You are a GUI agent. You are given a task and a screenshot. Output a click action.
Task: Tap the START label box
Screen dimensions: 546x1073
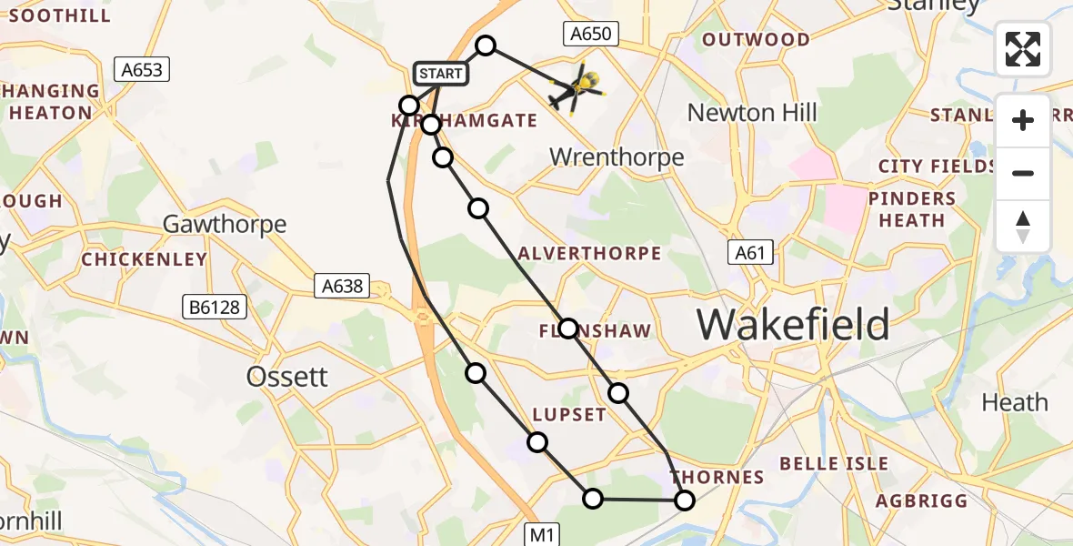(441, 73)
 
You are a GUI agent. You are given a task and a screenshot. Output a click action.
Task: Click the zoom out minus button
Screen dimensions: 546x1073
(1023, 174)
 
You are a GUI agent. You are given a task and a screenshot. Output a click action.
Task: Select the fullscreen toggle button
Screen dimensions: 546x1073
(1023, 49)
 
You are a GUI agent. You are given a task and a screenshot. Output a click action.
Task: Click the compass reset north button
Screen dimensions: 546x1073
(1023, 227)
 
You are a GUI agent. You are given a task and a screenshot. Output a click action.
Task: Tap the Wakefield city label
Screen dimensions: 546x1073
(793, 324)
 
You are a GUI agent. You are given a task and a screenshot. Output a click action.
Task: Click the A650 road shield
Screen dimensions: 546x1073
(590, 35)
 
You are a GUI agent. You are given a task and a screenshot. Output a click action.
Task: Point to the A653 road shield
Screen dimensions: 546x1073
(143, 69)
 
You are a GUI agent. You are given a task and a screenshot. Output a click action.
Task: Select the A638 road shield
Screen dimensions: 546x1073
(342, 287)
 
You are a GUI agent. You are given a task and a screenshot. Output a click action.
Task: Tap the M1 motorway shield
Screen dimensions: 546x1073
(543, 534)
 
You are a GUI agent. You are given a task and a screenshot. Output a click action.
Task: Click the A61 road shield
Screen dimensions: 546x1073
(750, 253)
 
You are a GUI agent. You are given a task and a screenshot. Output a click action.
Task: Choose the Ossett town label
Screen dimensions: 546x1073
(286, 377)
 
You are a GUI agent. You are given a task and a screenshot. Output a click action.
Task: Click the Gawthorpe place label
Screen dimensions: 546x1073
(224, 224)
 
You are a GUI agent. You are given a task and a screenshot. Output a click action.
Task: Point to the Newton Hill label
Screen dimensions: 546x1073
(752, 113)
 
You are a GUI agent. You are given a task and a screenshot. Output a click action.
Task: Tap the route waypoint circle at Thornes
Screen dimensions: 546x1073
(684, 500)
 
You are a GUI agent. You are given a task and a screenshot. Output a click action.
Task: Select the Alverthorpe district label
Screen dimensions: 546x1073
(588, 253)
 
